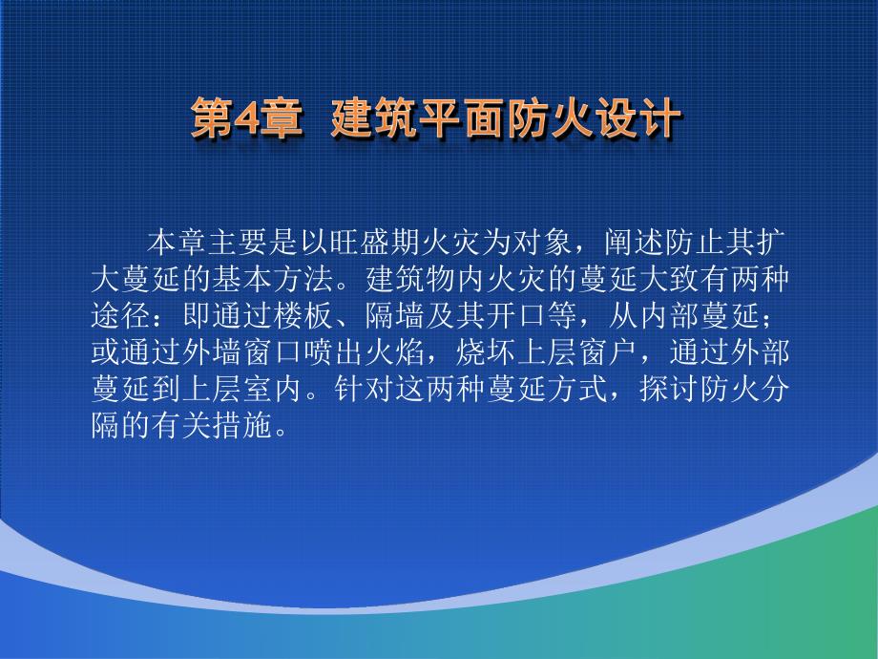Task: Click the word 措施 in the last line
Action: coord(242,426)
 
